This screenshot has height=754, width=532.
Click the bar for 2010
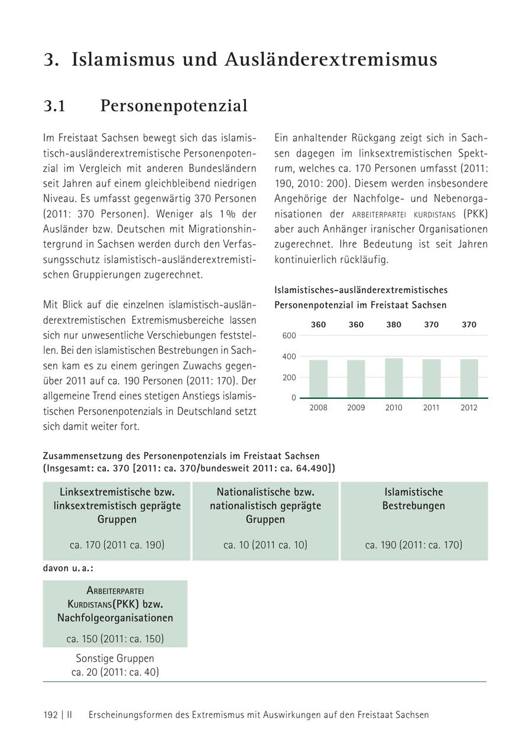394,378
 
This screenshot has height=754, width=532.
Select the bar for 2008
318,379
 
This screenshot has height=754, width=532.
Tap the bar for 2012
469,379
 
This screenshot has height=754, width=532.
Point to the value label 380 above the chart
394,324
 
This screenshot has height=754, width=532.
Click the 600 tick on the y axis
289,336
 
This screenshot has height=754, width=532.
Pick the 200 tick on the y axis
289,377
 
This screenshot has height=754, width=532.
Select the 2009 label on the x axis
356,408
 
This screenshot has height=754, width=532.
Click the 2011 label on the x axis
431,408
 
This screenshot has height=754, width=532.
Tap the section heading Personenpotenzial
174,106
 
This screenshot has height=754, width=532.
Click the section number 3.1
54,106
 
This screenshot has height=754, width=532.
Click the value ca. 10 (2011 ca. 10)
265,545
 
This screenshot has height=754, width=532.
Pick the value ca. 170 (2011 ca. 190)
117,545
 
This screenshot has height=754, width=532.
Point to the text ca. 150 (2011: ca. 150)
115,639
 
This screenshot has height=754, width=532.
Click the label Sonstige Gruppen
115,658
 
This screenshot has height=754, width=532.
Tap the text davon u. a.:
68,568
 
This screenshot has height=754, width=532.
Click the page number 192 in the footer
50,714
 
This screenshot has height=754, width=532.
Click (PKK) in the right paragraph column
476,214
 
